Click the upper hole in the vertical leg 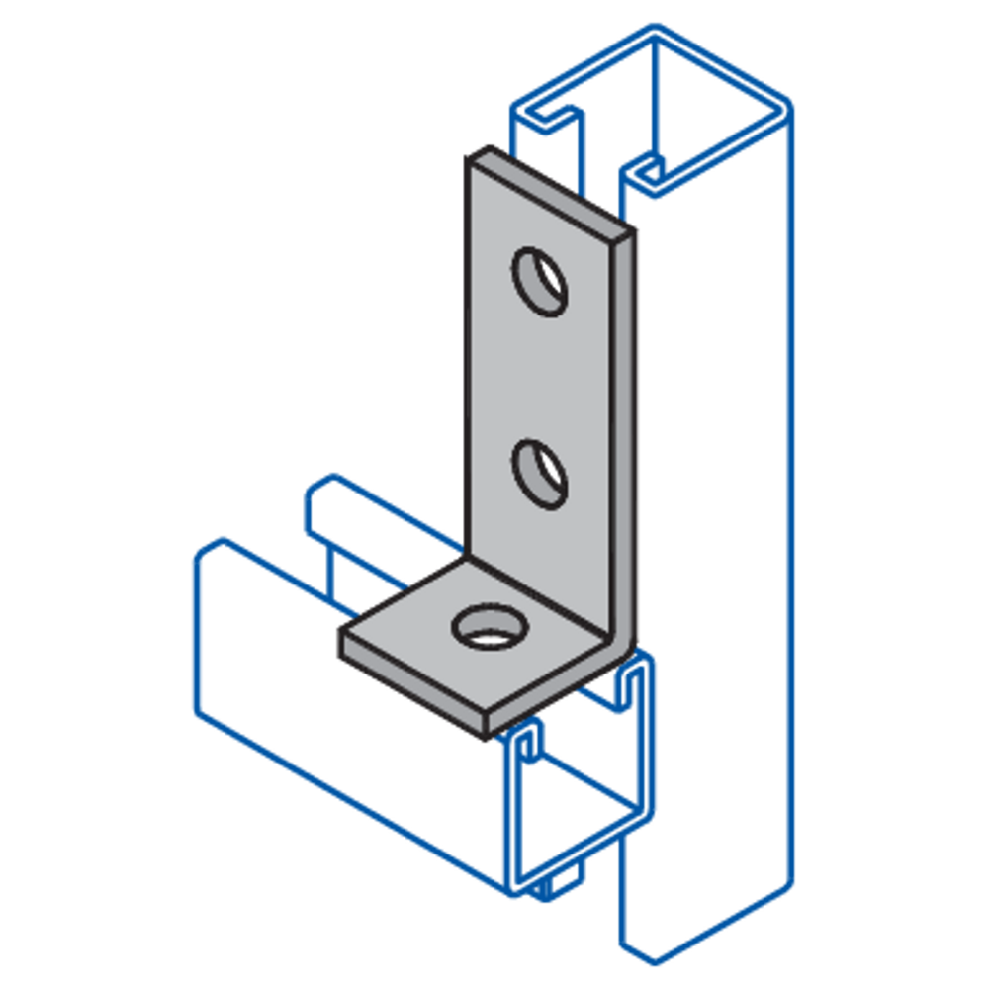540,281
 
